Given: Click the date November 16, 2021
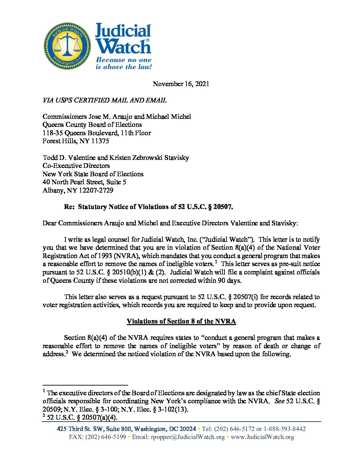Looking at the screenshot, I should [x=181, y=84].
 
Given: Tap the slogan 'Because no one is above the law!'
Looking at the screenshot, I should [x=123, y=63].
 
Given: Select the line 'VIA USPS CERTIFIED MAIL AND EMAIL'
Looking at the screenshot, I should [x=104, y=100].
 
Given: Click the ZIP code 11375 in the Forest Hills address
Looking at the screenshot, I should [x=100, y=141].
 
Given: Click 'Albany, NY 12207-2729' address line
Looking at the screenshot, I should [x=78, y=190].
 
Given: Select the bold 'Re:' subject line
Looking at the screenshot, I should [x=148, y=207].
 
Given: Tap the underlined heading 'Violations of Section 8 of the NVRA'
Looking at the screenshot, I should [x=181, y=321].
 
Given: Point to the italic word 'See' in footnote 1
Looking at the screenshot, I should [x=279, y=401].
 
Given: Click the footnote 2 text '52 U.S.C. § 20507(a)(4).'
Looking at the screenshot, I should [x=82, y=417].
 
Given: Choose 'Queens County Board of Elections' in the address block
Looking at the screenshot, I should [x=92, y=125].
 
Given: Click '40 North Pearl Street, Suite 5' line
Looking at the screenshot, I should [x=84, y=182].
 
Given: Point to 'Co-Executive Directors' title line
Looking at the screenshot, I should [x=76, y=166].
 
